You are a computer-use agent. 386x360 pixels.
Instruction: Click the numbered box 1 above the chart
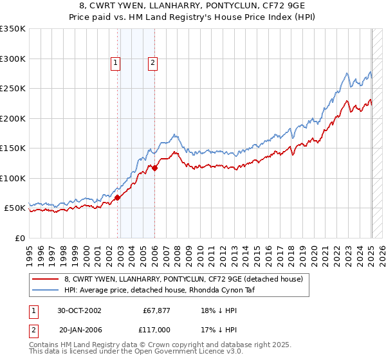(x=115, y=62)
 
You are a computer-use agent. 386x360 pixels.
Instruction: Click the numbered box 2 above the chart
(x=152, y=62)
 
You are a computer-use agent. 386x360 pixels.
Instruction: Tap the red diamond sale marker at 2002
(x=118, y=198)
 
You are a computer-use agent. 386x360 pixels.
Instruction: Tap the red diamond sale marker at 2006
(x=155, y=168)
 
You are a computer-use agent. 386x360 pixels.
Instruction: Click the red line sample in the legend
(x=46, y=279)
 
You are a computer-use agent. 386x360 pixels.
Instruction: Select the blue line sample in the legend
(x=46, y=290)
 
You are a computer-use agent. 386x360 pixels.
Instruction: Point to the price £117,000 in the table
(x=157, y=329)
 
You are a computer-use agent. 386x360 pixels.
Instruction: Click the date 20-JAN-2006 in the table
(x=78, y=329)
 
